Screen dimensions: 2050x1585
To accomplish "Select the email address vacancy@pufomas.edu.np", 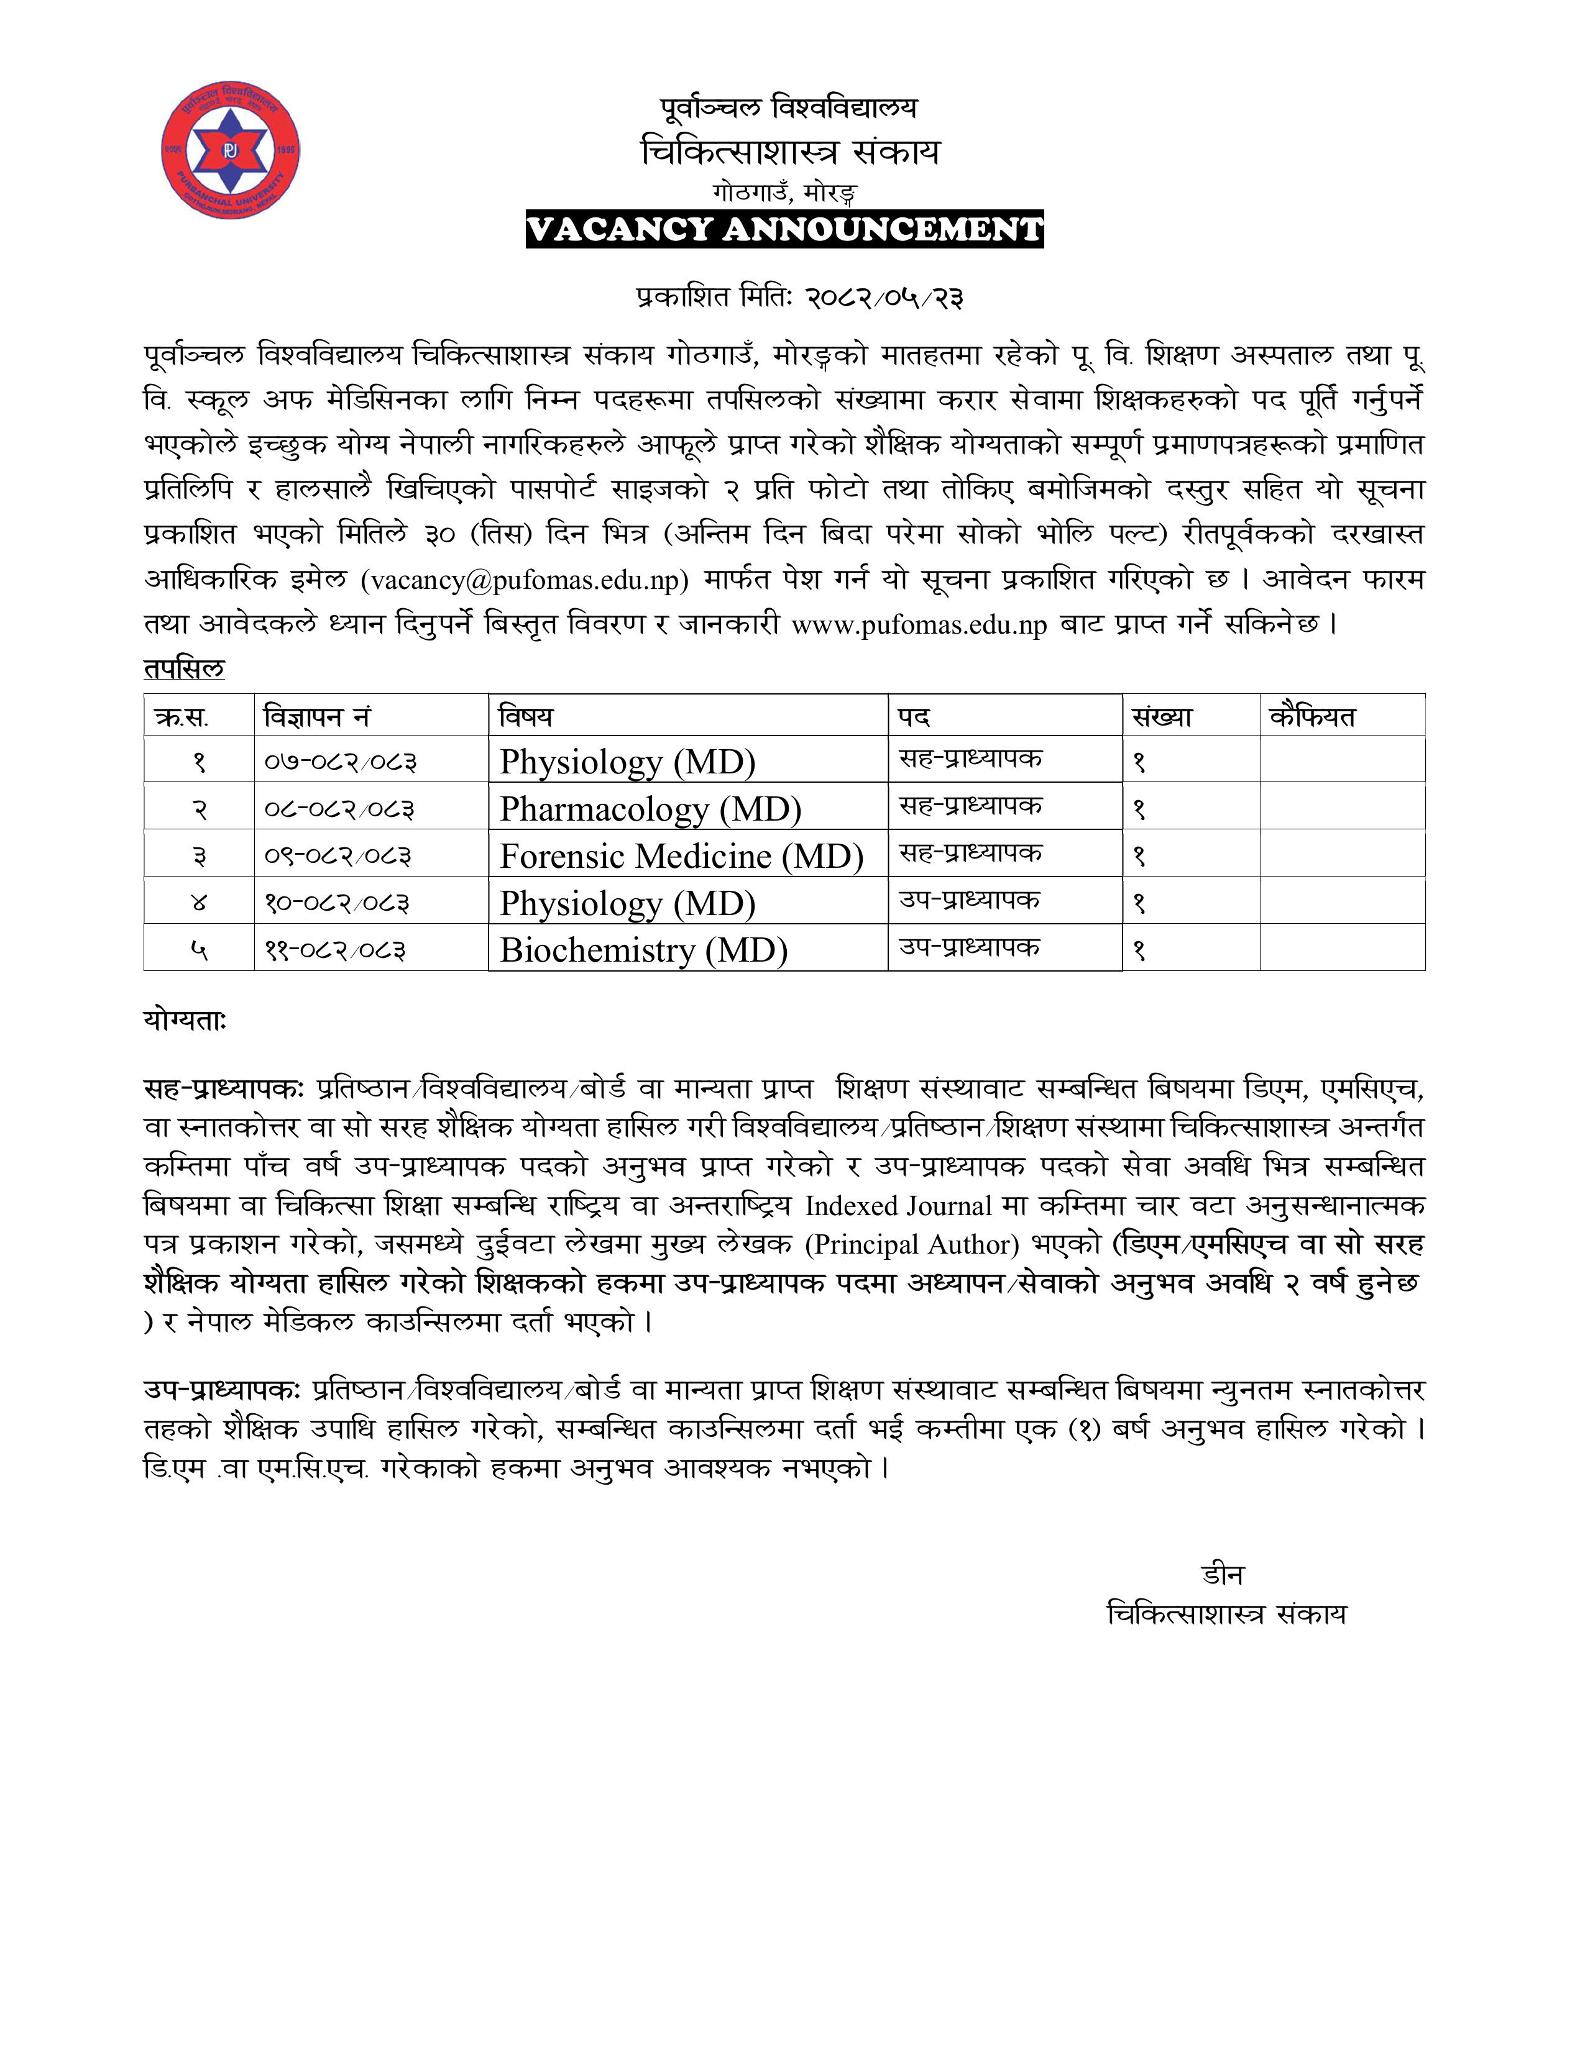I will point(525,580).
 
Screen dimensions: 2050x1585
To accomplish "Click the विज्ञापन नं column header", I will point(318,717).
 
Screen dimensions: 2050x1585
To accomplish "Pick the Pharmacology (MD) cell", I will point(650,809).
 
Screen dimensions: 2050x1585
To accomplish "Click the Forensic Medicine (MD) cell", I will point(681,856).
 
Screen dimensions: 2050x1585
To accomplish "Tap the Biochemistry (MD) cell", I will point(643,950).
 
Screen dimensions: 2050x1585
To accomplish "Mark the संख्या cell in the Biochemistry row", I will point(1140,950).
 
